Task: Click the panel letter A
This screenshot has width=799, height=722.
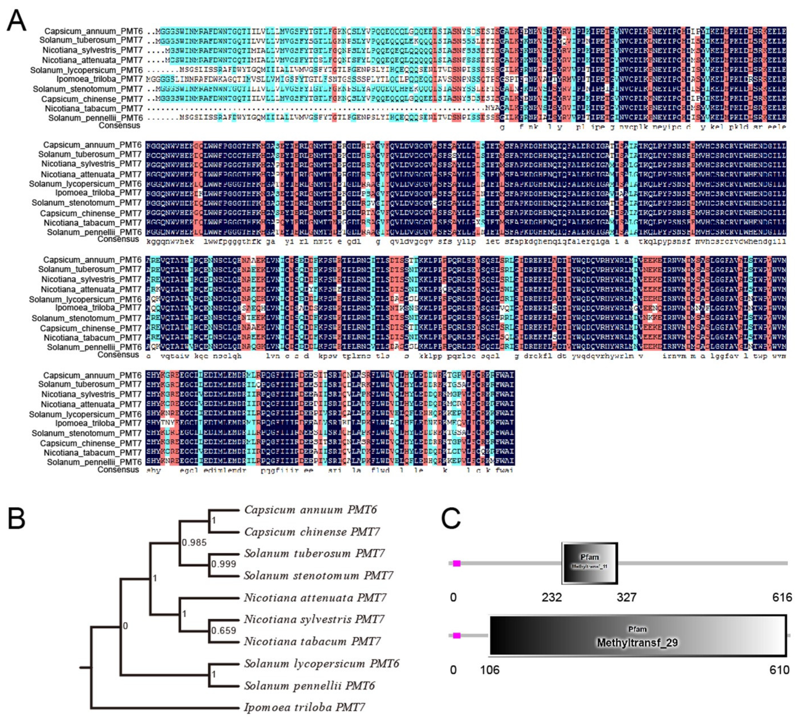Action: click(x=17, y=20)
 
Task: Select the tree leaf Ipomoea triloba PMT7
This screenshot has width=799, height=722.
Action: click(x=304, y=707)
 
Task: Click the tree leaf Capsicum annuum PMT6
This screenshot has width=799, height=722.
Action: click(x=310, y=510)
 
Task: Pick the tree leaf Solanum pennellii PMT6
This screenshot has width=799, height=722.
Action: click(x=309, y=686)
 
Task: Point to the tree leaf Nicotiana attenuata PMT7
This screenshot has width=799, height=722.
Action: click(x=315, y=598)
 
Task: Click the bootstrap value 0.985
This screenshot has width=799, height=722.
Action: click(x=194, y=542)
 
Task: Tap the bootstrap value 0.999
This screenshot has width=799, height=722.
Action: click(x=223, y=564)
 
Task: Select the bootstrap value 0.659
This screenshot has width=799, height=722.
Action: click(x=223, y=630)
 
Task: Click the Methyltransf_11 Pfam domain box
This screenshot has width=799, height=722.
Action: click(x=589, y=563)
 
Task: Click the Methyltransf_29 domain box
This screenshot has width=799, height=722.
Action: click(x=638, y=635)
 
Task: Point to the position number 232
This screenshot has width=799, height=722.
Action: click(x=552, y=597)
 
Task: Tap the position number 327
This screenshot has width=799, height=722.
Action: click(x=627, y=597)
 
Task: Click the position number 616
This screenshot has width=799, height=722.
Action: click(x=782, y=597)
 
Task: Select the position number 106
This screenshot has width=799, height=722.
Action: click(x=490, y=670)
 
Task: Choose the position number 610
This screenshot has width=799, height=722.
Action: click(x=779, y=670)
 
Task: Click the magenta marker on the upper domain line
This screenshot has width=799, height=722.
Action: click(x=457, y=563)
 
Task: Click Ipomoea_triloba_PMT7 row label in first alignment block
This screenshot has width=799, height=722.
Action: click(x=99, y=79)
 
